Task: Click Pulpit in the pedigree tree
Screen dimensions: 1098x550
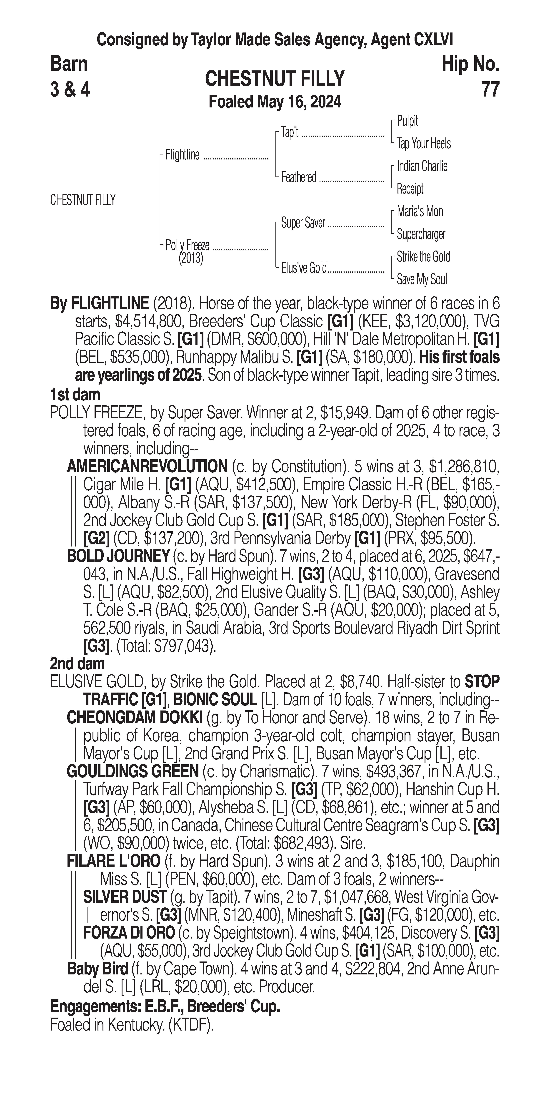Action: pyautogui.click(x=407, y=121)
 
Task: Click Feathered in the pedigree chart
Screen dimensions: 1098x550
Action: pyautogui.click(x=298, y=177)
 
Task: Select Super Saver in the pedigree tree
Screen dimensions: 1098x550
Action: pyautogui.click(x=303, y=223)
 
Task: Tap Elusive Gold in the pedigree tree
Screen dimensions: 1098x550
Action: pyautogui.click(x=304, y=268)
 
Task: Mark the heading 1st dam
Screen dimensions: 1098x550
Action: pyautogui.click(x=75, y=395)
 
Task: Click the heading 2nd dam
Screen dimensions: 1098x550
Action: pyautogui.click(x=77, y=664)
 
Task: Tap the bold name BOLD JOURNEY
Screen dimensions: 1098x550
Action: pyautogui.click(x=118, y=556)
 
